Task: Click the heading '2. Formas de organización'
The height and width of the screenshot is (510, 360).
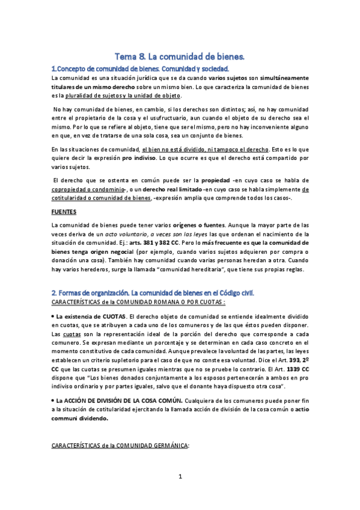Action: point(153,292)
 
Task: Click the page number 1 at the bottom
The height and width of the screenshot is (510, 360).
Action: point(180,494)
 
